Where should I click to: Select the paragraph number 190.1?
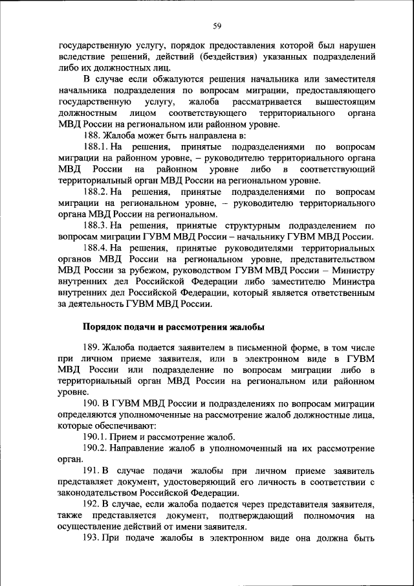click(x=95, y=437)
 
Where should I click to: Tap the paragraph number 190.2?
click(x=95, y=448)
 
